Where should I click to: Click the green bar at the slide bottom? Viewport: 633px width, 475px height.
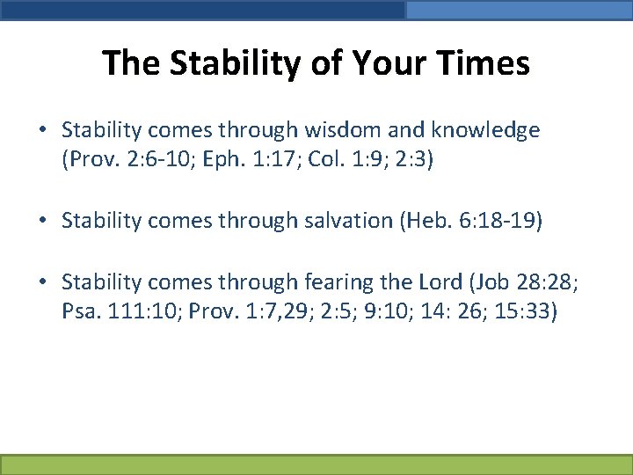pyautogui.click(x=316, y=464)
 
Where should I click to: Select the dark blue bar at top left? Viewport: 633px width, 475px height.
pyautogui.click(x=202, y=10)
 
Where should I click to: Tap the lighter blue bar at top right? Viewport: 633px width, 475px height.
pyautogui.click(x=519, y=10)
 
